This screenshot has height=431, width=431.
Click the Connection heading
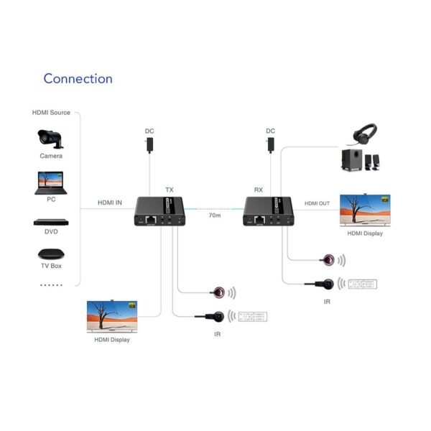pos(78,78)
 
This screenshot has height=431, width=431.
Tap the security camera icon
pos(50,138)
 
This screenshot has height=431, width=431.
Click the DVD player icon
pos(50,221)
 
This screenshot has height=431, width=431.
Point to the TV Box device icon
pos(50,254)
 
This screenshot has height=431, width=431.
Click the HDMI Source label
pos(50,113)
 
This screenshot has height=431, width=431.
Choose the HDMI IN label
pos(110,203)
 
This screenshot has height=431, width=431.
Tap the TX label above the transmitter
pos(170,190)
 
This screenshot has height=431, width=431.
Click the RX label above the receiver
pos(259,190)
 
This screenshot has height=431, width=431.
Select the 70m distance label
pos(214,215)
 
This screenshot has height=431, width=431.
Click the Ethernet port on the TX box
pos(151,218)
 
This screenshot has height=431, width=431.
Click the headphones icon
pos(366,134)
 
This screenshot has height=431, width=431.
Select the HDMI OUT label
pos(317,203)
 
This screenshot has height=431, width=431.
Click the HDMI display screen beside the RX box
pos(364,209)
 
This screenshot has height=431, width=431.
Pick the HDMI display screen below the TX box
pos(112,317)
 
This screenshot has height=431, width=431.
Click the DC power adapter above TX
pos(149,144)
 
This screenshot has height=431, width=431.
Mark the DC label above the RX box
pos(270,131)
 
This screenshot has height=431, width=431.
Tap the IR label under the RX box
pos(327,302)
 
